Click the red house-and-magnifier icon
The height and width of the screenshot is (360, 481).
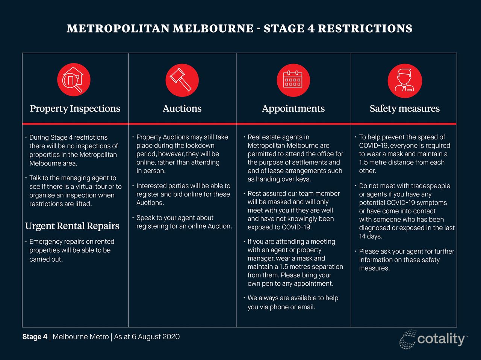click(x=74, y=80)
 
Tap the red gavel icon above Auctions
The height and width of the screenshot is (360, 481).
click(x=182, y=80)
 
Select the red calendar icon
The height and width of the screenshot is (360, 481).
click(x=293, y=80)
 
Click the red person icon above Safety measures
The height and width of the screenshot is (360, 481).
click(x=405, y=81)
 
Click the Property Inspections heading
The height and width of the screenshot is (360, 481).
click(x=75, y=109)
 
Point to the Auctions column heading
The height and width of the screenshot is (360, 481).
click(x=182, y=108)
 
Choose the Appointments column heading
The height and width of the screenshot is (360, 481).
click(x=293, y=109)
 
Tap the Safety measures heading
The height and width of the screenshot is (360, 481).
click(x=405, y=109)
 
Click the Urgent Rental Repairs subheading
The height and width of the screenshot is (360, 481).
click(x=72, y=226)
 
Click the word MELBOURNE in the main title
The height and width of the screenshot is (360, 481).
click(x=213, y=29)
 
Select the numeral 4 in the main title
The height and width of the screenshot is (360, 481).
click(x=311, y=29)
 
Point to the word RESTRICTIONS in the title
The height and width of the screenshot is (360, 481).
click(x=365, y=29)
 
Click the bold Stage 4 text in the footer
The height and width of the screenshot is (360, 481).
click(x=35, y=337)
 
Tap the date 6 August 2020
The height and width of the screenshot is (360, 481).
click(x=156, y=337)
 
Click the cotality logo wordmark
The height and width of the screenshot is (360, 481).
click(x=441, y=339)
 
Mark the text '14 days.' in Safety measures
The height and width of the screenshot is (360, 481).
click(x=371, y=236)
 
